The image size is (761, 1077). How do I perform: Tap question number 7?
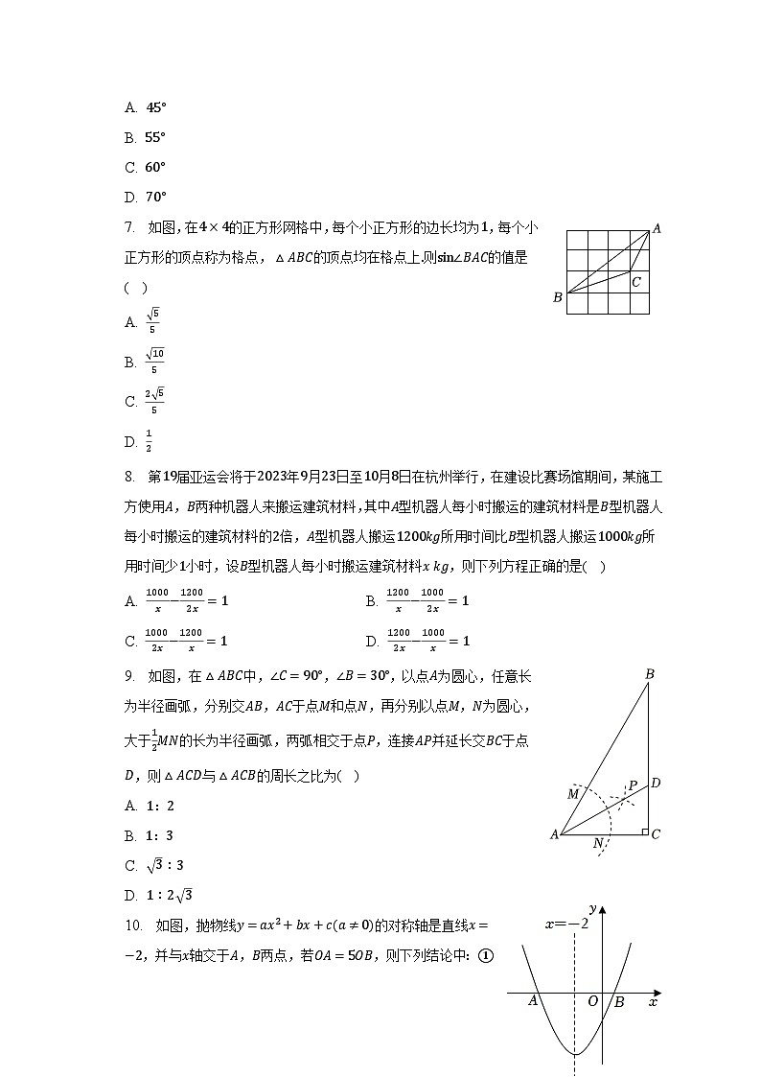click(129, 227)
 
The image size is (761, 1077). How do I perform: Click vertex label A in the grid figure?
click(657, 228)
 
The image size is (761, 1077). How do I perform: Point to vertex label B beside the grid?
click(557, 297)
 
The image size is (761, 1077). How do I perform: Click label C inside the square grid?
click(635, 282)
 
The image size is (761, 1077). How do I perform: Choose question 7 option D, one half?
click(149, 441)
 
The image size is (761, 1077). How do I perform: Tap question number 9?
click(129, 676)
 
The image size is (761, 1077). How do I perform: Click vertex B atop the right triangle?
click(649, 675)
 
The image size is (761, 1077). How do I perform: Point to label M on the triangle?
click(573, 794)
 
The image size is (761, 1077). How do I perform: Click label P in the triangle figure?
click(633, 785)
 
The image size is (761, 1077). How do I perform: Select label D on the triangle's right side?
click(656, 784)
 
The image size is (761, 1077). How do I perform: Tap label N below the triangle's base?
click(598, 843)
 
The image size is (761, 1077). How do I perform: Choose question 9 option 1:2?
click(160, 806)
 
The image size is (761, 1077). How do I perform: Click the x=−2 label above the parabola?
click(566, 924)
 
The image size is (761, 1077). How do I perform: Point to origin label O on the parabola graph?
click(592, 1001)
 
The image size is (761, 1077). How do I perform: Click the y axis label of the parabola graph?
click(593, 908)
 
